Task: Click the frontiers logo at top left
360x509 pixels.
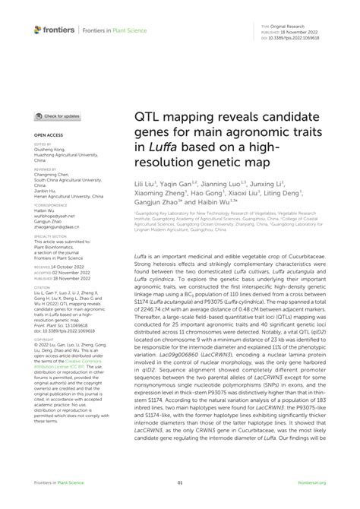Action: [x=54, y=29]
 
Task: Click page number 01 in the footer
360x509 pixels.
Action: [x=180, y=482]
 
